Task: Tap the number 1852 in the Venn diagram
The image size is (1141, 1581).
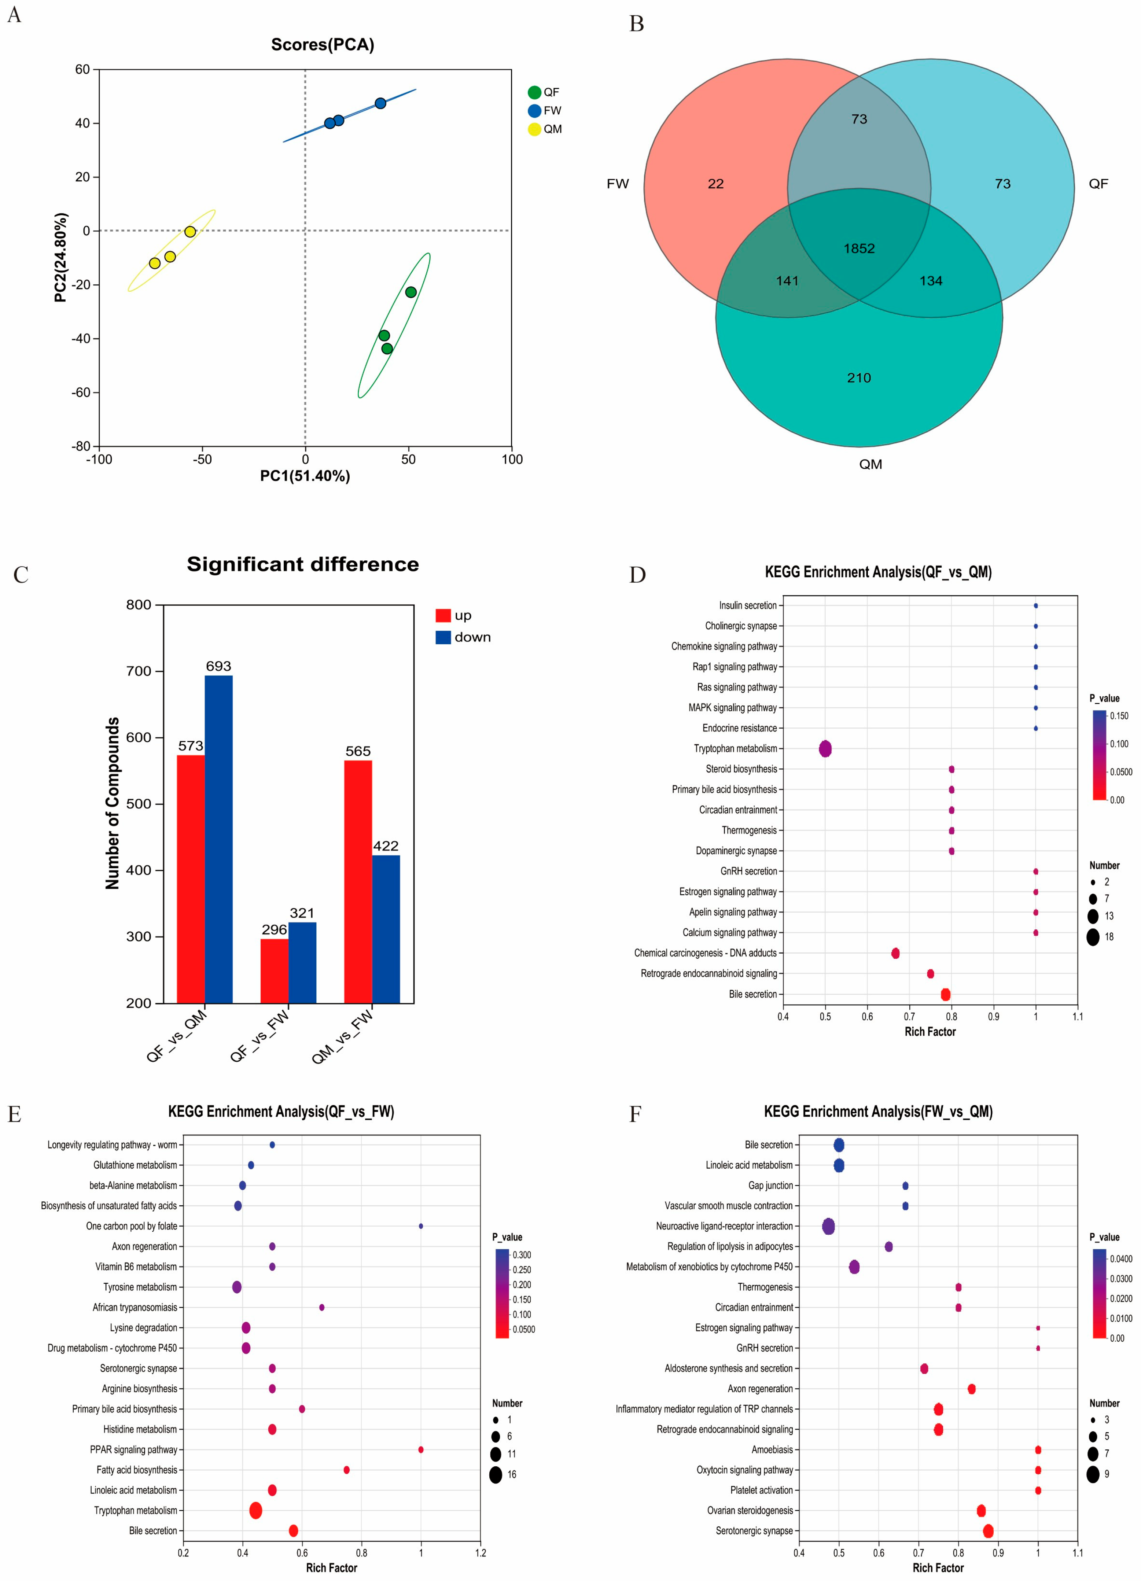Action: tap(859, 249)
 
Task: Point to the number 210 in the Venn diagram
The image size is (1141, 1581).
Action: tap(859, 378)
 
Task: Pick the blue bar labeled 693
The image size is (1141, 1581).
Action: tap(218, 839)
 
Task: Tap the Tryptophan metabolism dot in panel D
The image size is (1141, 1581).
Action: tap(825, 749)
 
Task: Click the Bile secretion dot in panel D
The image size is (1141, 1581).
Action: tap(945, 994)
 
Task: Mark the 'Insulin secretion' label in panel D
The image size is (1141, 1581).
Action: tap(747, 606)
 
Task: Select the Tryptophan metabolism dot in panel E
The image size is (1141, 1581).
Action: tap(256, 1511)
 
